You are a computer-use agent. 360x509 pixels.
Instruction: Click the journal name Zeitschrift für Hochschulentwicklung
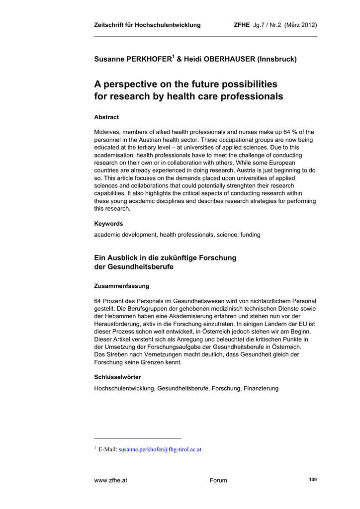[x=147, y=25]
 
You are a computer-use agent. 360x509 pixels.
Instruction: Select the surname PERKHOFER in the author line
[x=146, y=60]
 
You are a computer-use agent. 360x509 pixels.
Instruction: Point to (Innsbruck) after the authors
[x=277, y=60]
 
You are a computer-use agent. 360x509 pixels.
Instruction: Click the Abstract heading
[x=106, y=117]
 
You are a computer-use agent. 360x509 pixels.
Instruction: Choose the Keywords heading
[x=108, y=224]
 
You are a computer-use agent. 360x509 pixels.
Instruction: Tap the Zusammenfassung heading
[x=121, y=286]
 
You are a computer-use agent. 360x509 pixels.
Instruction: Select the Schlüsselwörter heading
[x=117, y=377]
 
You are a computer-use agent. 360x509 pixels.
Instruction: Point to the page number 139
[x=312, y=479]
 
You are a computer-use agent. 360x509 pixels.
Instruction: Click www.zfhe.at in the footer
[x=110, y=480]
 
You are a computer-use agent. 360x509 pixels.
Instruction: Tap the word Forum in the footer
[x=218, y=480]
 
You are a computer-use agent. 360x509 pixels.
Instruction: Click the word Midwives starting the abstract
[x=108, y=132]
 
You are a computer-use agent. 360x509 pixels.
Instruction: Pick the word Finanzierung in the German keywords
[x=261, y=388]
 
